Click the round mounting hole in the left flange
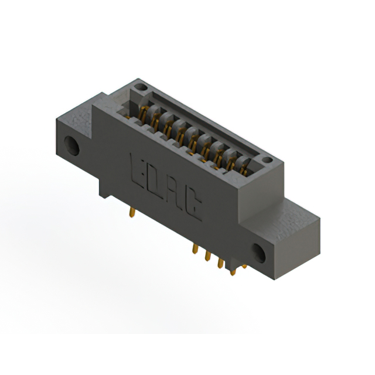point(72,145)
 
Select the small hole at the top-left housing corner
point(139,88)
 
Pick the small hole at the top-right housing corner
point(267,159)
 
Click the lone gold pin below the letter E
point(131,212)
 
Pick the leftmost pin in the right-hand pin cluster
point(195,248)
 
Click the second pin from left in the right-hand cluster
point(207,255)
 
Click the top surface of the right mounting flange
point(299,211)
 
